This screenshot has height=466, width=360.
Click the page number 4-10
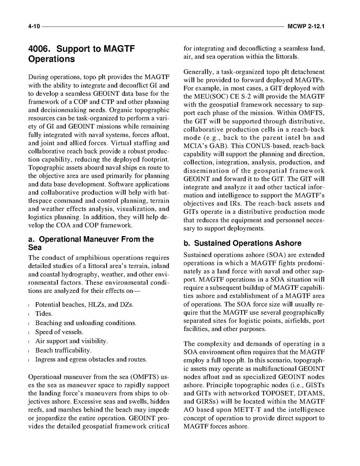coord(34,26)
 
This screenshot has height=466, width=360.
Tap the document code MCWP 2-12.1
coord(306,26)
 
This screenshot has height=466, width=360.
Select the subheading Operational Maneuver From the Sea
coord(91,243)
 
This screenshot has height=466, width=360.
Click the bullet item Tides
coord(44,314)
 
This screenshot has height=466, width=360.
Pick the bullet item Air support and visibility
coord(72,341)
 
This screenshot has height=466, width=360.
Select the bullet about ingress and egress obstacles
coord(91,359)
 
